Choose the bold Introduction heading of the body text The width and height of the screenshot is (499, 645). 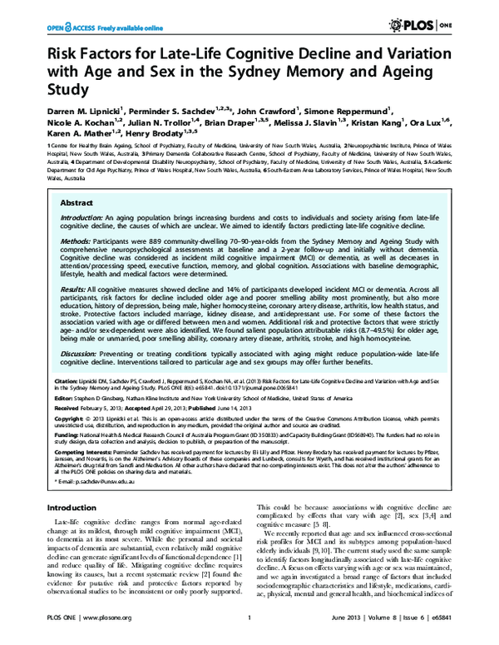[71, 508]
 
